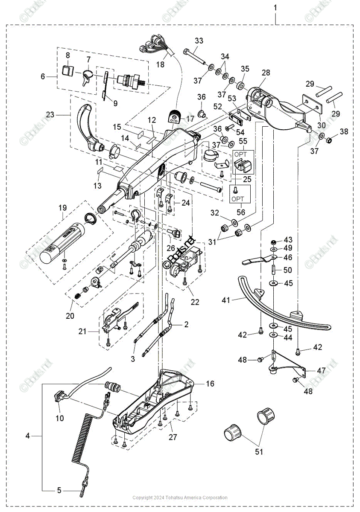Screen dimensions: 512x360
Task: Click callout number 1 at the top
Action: pos(275,8)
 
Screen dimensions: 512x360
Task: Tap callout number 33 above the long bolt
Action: pos(199,41)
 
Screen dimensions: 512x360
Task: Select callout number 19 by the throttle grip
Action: pos(63,208)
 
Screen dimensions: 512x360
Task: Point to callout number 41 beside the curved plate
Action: pos(225,300)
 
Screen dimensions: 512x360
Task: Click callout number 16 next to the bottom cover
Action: pos(210,384)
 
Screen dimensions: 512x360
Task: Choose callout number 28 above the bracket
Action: pos(266,73)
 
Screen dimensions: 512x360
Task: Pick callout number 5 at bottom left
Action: pos(59,491)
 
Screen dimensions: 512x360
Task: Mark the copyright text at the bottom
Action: pos(180,497)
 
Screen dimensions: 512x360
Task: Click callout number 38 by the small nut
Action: pos(344,132)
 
